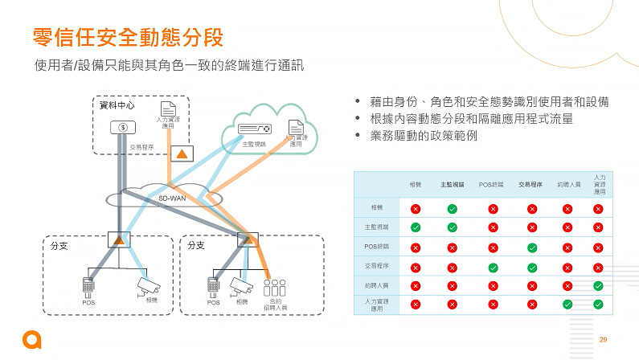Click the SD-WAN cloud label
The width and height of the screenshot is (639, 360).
172,197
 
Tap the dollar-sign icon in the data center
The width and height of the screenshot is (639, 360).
123,127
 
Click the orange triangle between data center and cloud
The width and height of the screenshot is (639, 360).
182,153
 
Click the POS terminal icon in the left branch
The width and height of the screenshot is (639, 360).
88,284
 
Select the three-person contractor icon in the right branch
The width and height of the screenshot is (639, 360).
274,288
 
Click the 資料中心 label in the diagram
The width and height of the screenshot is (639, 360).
117,105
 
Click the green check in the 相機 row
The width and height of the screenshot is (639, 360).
453,209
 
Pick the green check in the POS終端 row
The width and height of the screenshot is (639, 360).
531,247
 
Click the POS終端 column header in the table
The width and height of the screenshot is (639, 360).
491,184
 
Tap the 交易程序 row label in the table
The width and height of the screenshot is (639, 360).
377,265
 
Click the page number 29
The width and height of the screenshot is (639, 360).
603,340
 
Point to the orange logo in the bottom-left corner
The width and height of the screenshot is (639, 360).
31,339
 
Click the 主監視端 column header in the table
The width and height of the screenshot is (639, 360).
452,184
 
